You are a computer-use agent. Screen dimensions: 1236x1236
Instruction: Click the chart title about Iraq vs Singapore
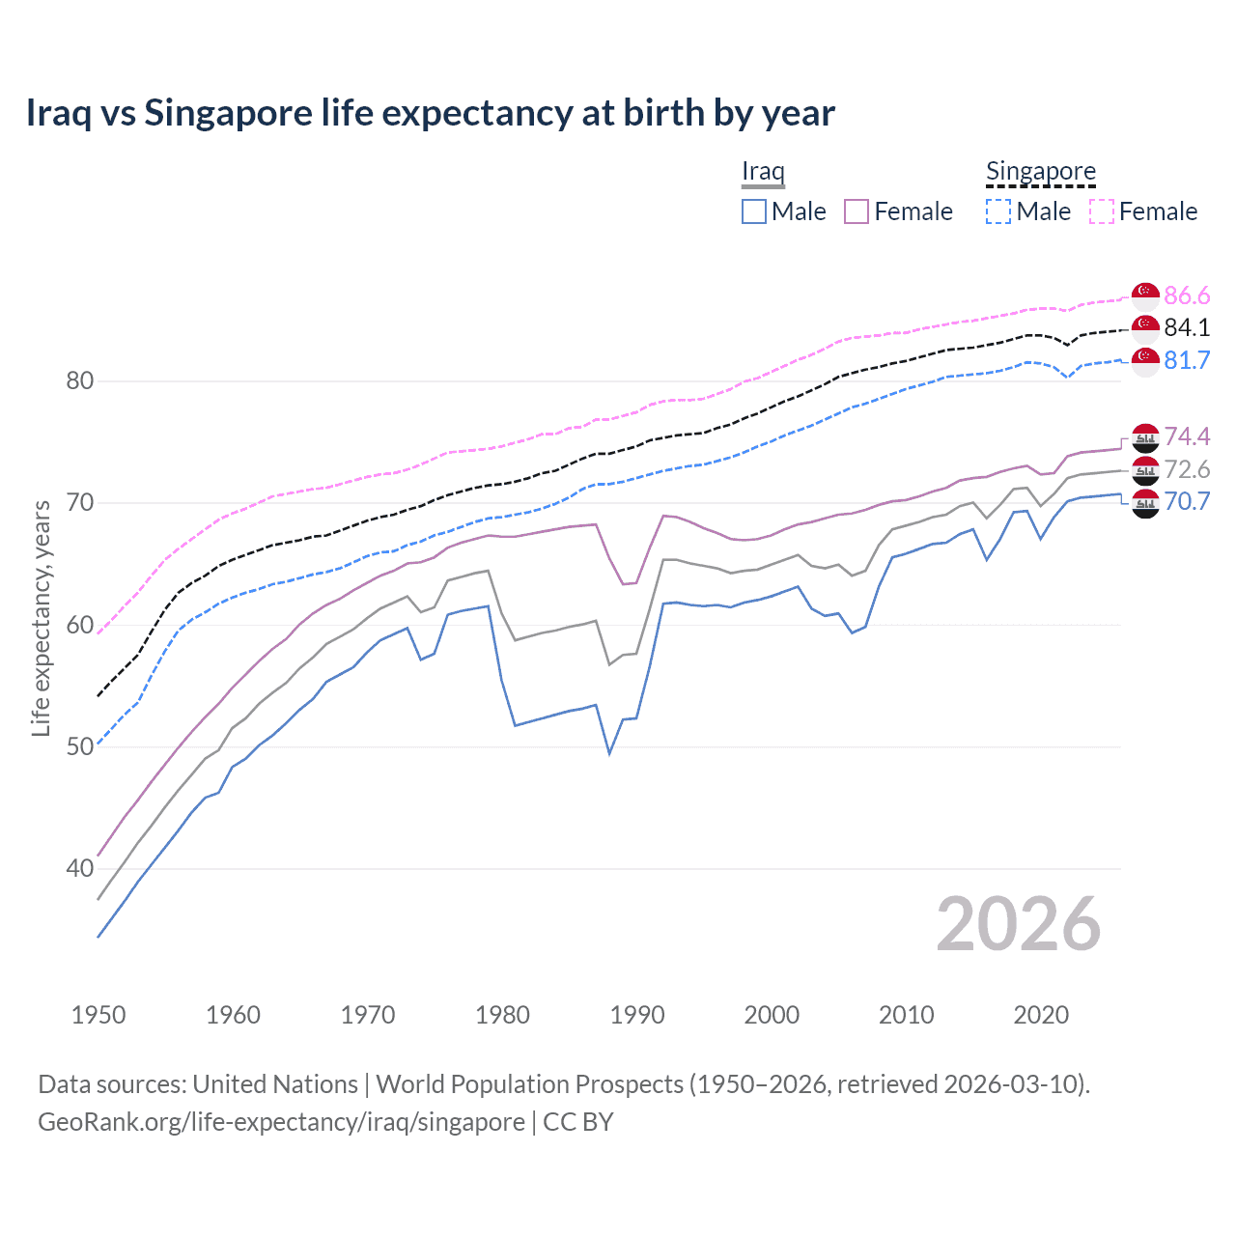point(430,113)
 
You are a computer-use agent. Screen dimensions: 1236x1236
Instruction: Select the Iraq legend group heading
point(763,171)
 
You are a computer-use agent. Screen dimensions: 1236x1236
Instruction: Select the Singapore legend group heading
point(1040,171)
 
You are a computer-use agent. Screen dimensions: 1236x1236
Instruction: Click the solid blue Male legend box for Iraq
point(754,211)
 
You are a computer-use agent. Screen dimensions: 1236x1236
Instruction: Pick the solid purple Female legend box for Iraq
point(857,211)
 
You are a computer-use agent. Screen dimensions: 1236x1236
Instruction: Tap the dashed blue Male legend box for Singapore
point(998,211)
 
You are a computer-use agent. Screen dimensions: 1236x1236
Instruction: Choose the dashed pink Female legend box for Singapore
point(1102,211)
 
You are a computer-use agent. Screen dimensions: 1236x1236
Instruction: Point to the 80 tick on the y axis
point(80,380)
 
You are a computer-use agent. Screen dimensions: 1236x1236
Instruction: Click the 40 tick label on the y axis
point(80,868)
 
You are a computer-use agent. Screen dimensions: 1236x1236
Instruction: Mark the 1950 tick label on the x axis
point(98,1015)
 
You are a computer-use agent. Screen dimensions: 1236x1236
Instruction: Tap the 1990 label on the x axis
point(637,1015)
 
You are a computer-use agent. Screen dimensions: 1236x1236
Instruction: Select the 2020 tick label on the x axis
point(1041,1015)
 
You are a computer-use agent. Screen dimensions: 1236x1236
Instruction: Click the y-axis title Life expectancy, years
point(41,618)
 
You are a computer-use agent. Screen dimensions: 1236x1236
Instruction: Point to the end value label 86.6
point(1187,295)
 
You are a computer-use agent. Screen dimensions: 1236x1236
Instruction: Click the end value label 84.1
point(1187,327)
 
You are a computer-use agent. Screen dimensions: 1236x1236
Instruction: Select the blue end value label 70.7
point(1187,501)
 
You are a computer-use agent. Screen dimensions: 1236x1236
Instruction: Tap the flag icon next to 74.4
point(1145,437)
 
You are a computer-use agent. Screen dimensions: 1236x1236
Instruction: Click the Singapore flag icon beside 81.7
point(1145,361)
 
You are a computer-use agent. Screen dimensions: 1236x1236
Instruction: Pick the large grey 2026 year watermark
point(1019,924)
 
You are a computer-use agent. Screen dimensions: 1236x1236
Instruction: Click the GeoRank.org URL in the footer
point(281,1122)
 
